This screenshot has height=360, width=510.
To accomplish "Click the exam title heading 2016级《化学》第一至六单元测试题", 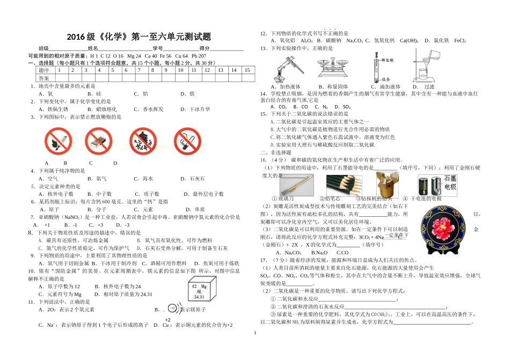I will pyautogui.click(x=139, y=37).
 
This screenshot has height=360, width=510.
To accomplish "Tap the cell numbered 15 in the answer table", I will pyautogui.click(x=246, y=70).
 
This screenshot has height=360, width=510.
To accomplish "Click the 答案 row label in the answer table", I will pyautogui.click(x=44, y=78).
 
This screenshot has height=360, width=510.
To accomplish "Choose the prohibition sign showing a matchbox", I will pyautogui.click(x=100, y=142).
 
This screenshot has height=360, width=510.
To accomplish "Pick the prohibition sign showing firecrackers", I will pyautogui.click(x=143, y=142).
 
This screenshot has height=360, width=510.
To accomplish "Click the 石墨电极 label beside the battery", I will pyautogui.click(x=448, y=182).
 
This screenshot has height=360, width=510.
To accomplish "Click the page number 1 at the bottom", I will pyautogui.click(x=255, y=333).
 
